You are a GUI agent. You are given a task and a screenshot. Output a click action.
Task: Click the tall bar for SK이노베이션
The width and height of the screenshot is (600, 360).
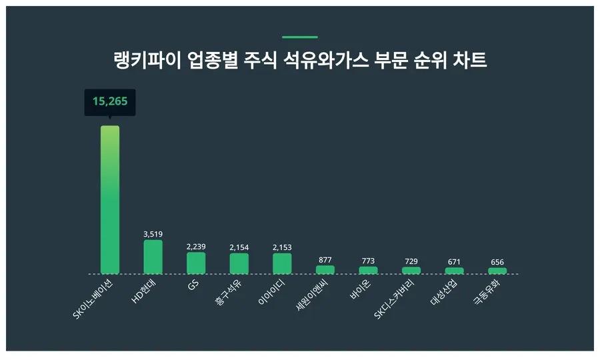pyautogui.click(x=110, y=200)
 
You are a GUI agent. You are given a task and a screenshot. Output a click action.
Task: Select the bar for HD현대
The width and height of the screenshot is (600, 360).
pyautogui.click(x=153, y=257)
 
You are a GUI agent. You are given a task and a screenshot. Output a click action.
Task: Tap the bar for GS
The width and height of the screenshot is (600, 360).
pyautogui.click(x=196, y=263)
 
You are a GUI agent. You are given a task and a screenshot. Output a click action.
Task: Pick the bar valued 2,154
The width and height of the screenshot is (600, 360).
pyautogui.click(x=239, y=264)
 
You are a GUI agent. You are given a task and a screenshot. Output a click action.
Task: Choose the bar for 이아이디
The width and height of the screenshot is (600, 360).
pyautogui.click(x=282, y=264)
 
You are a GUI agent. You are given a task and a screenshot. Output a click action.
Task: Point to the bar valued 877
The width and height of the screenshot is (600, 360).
pyautogui.click(x=325, y=270)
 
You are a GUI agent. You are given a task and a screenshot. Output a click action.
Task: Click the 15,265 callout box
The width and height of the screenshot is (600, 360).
pyautogui.click(x=110, y=102)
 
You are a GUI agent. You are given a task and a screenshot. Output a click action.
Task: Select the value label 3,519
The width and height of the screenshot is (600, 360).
pyautogui.click(x=153, y=234)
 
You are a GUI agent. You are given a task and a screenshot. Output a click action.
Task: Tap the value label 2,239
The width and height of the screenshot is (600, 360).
pyautogui.click(x=196, y=247)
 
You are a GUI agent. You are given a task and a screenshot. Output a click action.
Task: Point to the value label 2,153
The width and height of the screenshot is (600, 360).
pyautogui.click(x=282, y=247)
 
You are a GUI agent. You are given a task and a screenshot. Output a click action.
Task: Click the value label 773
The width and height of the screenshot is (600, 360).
pyautogui.click(x=368, y=261)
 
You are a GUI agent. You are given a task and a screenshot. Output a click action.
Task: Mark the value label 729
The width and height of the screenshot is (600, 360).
pyautogui.click(x=411, y=261)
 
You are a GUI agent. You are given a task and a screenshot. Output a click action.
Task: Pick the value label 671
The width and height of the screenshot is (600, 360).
pyautogui.click(x=454, y=261)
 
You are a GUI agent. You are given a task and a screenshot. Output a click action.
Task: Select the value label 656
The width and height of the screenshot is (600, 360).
pyautogui.click(x=497, y=262)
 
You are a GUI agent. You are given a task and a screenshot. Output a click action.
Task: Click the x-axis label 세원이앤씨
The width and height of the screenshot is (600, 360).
pyautogui.click(x=313, y=296)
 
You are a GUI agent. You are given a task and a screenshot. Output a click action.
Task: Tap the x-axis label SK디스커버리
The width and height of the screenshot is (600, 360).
pyautogui.click(x=396, y=299)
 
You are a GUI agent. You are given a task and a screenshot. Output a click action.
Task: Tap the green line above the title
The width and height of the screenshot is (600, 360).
pyautogui.click(x=300, y=37)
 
